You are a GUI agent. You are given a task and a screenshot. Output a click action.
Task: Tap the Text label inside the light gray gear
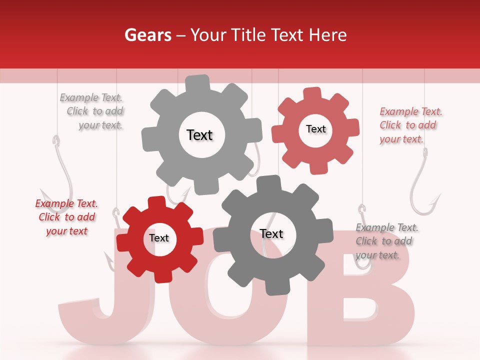[199, 135]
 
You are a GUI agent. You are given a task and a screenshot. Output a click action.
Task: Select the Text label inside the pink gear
[315, 129]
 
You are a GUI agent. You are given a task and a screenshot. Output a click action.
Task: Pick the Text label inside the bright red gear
[159, 238]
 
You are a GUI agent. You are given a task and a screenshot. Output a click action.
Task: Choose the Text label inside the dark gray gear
[271, 234]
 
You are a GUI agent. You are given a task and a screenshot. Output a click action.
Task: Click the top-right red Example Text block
[410, 125]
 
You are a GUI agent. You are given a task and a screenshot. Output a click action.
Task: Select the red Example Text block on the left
[67, 217]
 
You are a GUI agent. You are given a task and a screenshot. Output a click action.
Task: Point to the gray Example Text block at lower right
[386, 241]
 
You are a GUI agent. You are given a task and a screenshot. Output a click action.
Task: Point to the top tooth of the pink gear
[312, 94]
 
